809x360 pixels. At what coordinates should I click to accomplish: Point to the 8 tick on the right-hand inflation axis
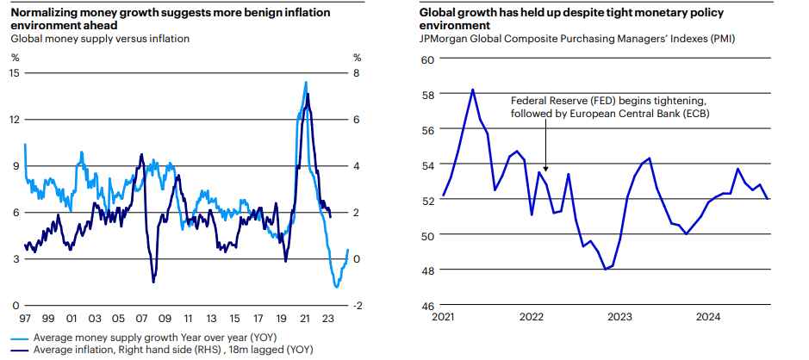tap(357, 72)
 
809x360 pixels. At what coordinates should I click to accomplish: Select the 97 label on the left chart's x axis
tap(26, 318)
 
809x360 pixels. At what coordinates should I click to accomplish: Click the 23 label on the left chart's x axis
tap(327, 318)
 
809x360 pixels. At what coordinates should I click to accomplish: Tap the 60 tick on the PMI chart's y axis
tap(427, 59)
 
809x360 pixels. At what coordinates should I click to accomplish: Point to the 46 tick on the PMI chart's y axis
tap(427, 306)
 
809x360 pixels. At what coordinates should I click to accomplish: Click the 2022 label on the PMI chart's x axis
tap(532, 318)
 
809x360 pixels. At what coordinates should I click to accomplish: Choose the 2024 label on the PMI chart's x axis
tap(708, 318)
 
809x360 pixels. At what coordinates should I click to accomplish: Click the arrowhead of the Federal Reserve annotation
tap(545, 170)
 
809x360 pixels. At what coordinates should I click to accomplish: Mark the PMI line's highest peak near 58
tap(472, 89)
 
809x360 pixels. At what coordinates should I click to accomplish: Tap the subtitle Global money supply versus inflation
tap(99, 39)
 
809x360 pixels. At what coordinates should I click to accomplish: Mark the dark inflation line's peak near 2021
tap(308, 93)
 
